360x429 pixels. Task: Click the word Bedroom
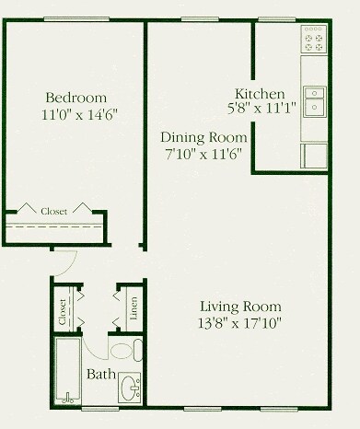75,98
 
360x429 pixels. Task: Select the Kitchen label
261,94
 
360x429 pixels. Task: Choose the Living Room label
242,307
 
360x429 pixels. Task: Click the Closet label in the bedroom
53,211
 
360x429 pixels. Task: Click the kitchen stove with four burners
314,38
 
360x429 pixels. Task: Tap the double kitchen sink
314,99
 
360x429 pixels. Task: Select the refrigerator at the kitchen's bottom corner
314,156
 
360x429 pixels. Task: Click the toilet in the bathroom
125,351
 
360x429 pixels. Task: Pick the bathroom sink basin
131,389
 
